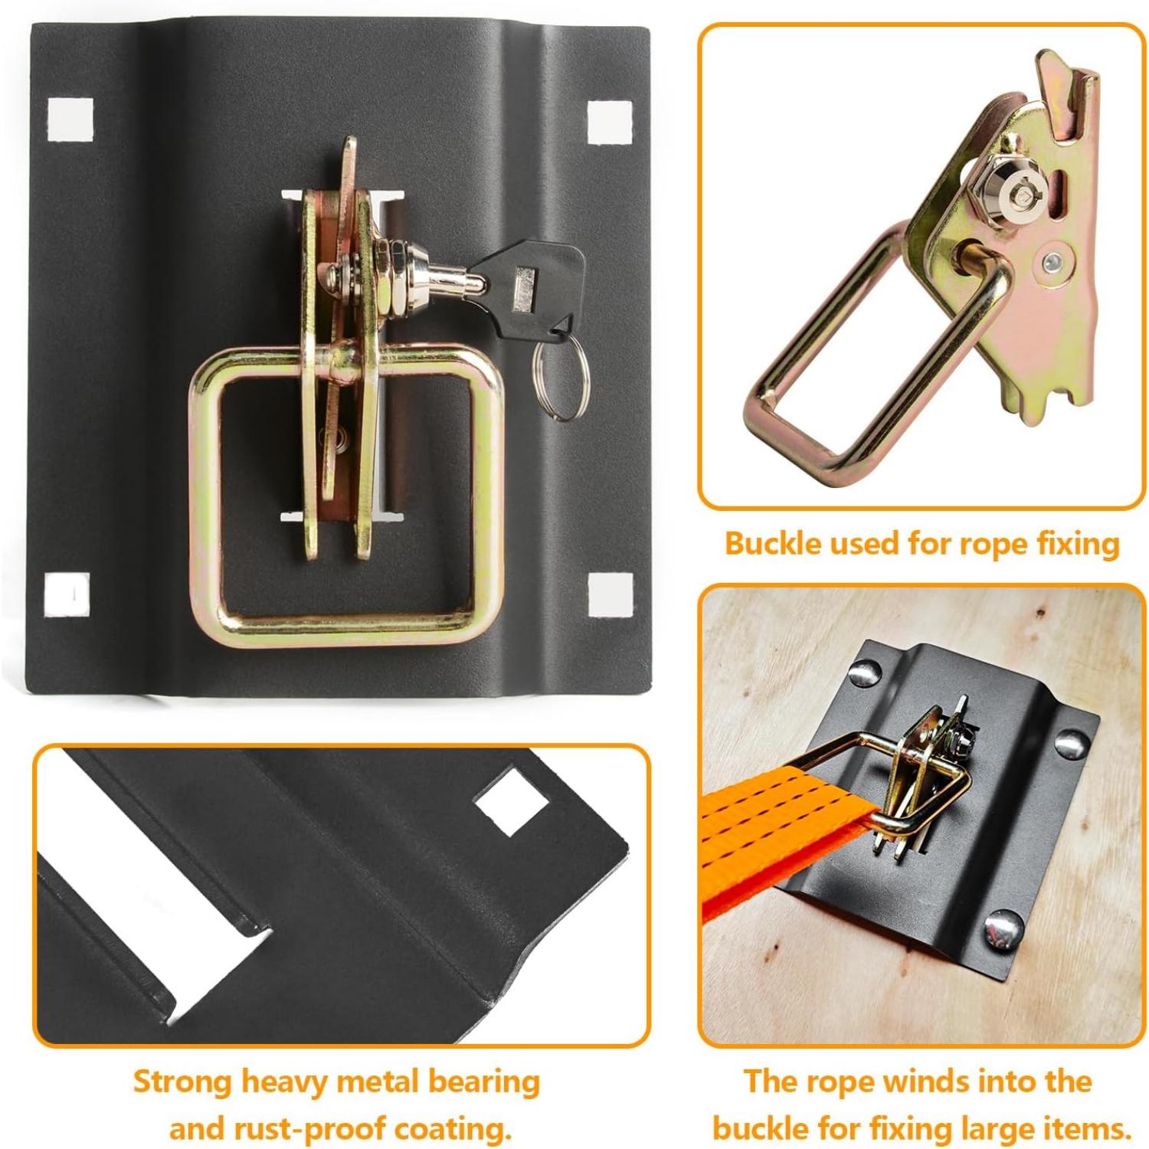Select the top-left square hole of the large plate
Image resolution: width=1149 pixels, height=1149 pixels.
70,119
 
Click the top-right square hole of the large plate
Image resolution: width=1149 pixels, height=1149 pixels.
611,121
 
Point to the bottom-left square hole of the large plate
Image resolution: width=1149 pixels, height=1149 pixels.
67,594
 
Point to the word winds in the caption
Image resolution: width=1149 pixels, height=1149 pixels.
915,1082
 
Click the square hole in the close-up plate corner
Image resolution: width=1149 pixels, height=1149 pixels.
511,801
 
